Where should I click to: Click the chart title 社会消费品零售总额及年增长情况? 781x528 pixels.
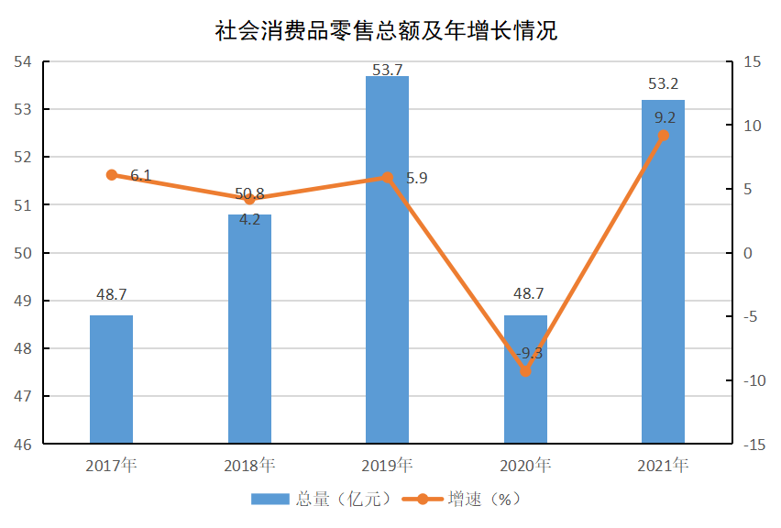click(x=386, y=31)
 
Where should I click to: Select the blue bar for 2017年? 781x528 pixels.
click(x=111, y=379)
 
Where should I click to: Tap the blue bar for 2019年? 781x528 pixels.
click(x=387, y=260)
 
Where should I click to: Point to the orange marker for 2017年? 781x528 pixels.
click(x=112, y=174)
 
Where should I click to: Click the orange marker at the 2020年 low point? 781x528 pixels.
click(x=525, y=371)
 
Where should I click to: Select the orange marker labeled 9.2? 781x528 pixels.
click(x=663, y=136)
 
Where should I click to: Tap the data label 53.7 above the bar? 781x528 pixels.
click(x=388, y=69)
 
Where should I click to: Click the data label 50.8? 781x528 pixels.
click(x=249, y=193)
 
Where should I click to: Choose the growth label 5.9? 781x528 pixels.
click(x=416, y=178)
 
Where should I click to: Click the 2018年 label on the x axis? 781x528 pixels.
click(x=249, y=466)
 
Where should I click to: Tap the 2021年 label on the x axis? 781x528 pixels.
click(x=663, y=466)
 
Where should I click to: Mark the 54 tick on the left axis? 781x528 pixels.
click(x=22, y=61)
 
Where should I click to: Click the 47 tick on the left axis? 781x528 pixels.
click(x=22, y=397)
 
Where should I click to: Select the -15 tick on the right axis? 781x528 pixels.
click(x=754, y=445)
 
